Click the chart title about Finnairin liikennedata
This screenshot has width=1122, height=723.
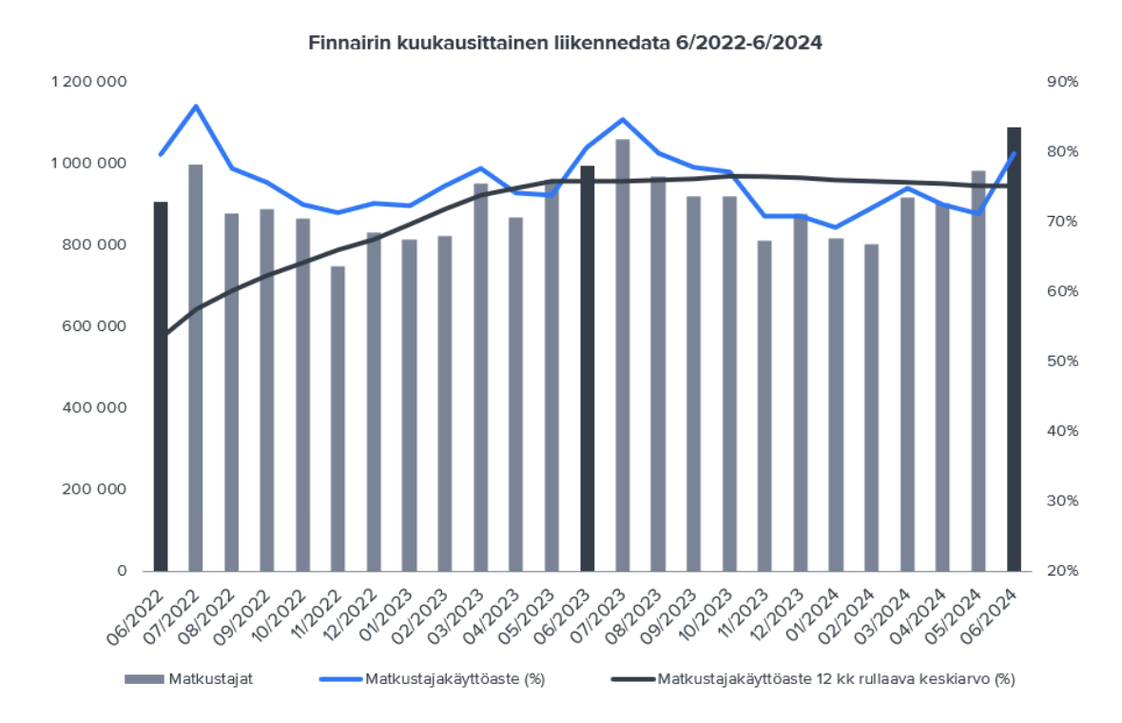[x=565, y=43]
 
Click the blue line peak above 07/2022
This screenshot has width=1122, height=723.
[x=196, y=106]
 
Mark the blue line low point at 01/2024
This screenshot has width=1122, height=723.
[x=836, y=227]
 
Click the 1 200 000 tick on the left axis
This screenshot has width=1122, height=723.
[x=89, y=82]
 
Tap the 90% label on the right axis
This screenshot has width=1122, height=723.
[x=1062, y=82]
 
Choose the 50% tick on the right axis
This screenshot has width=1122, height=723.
[x=1062, y=361]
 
